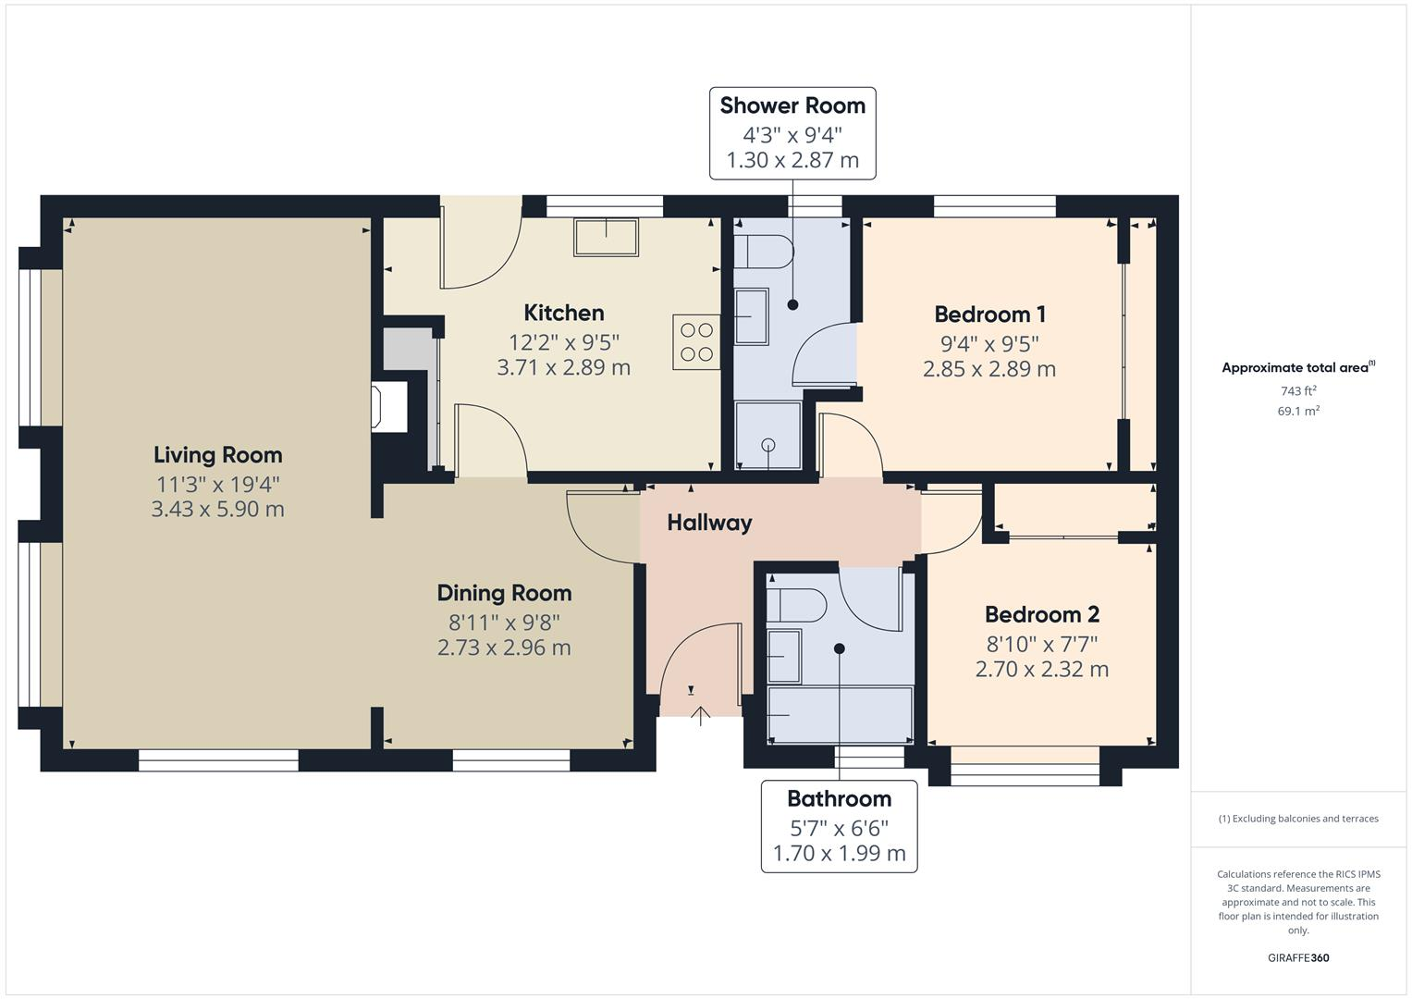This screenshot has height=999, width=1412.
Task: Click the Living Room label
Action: coord(217,455)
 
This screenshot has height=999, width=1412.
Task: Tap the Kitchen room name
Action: coord(563,313)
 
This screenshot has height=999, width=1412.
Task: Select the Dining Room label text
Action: coord(504,593)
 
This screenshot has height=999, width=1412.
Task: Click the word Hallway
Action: coord(709,523)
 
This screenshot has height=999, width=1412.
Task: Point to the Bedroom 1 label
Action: coord(988,314)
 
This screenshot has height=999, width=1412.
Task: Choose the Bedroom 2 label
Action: coord(1041,614)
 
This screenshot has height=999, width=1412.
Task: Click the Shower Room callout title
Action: coord(792,105)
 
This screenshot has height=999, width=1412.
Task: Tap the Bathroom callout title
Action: coord(839,798)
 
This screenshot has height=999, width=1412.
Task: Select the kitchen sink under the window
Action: coord(606,237)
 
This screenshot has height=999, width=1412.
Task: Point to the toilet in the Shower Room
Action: coord(763,251)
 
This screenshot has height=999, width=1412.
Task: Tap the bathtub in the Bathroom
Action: coord(840,714)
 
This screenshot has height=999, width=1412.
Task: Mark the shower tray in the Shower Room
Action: coord(767,435)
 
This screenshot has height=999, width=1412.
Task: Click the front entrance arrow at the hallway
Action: coord(700,714)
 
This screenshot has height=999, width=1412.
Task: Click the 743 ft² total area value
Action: coord(1297,391)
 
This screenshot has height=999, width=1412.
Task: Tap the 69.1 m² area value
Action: coord(1297,412)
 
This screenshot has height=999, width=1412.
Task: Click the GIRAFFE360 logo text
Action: coord(1297,957)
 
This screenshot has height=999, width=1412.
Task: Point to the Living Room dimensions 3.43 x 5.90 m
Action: coord(217,510)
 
